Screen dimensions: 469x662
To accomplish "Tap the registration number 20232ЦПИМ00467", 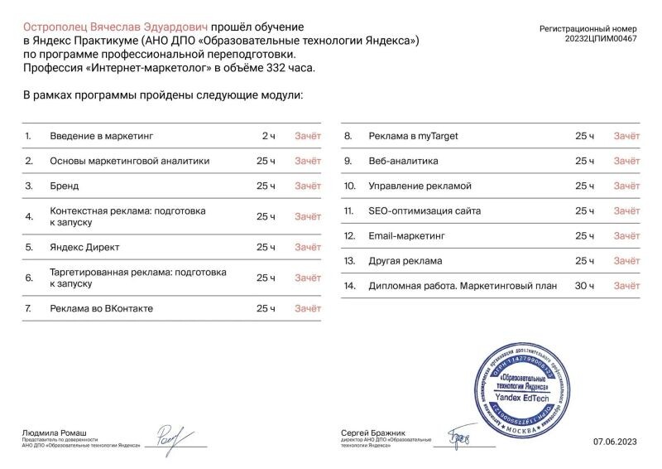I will click(601, 39).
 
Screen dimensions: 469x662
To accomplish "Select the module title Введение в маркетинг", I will click(102, 136).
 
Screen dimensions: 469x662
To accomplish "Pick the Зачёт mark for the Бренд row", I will click(308, 186).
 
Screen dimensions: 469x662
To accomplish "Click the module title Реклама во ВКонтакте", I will click(101, 308).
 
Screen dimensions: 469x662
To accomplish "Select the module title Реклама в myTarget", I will click(413, 136).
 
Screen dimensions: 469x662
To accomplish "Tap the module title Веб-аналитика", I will click(403, 161).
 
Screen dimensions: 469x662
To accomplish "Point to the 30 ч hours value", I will click(585, 286).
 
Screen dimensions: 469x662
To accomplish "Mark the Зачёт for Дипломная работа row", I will click(626, 286).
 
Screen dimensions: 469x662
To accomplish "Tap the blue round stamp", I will click(520, 388).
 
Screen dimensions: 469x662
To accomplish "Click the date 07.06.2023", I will click(615, 442).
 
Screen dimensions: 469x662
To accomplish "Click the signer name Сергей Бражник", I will click(374, 433).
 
